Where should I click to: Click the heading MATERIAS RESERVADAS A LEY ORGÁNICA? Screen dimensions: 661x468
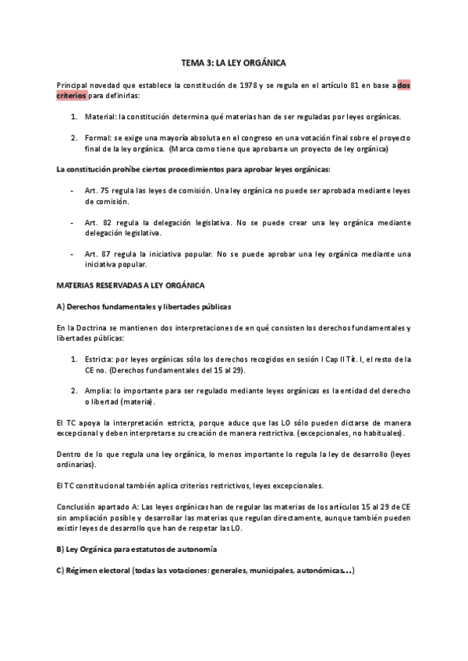(130, 286)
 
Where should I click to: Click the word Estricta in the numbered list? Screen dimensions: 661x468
(98, 358)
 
